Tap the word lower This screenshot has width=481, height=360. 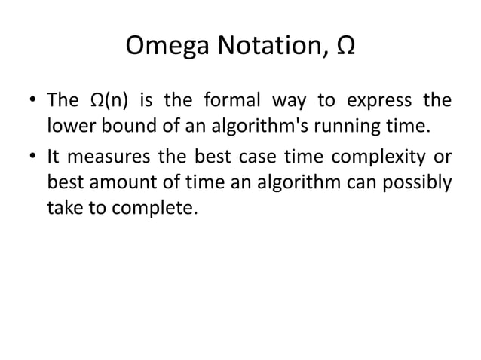[x=68, y=124]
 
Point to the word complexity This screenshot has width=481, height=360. [x=385, y=160]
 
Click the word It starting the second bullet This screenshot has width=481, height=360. [x=54, y=160]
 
